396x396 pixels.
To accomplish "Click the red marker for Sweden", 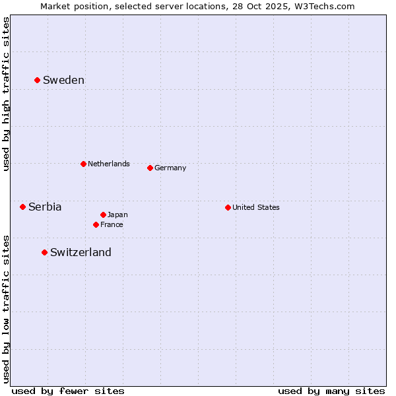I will (x=37, y=80).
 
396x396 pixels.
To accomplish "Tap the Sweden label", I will (x=63, y=81).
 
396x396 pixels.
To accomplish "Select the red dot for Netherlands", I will (x=83, y=164).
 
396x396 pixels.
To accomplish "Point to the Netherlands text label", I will (x=109, y=164).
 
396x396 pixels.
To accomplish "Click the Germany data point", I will (x=150, y=168).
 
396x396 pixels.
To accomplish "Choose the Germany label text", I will (x=170, y=168).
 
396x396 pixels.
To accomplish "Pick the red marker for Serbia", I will (x=22, y=207).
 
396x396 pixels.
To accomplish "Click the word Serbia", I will (x=45, y=207).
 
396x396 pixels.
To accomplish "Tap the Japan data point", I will (x=103, y=214).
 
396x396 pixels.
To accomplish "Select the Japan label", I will (x=117, y=214).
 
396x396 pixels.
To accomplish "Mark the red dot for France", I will (x=96, y=224).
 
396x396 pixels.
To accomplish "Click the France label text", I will (x=112, y=224).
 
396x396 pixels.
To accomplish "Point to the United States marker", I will (x=228, y=207).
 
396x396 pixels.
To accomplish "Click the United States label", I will (x=256, y=207).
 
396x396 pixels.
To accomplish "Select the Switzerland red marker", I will (x=44, y=252).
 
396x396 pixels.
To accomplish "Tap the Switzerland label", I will (x=81, y=252).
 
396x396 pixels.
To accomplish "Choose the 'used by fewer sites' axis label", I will (x=68, y=391).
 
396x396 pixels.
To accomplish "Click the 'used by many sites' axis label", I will (x=331, y=391).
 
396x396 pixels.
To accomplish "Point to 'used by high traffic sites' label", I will (x=7, y=94).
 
